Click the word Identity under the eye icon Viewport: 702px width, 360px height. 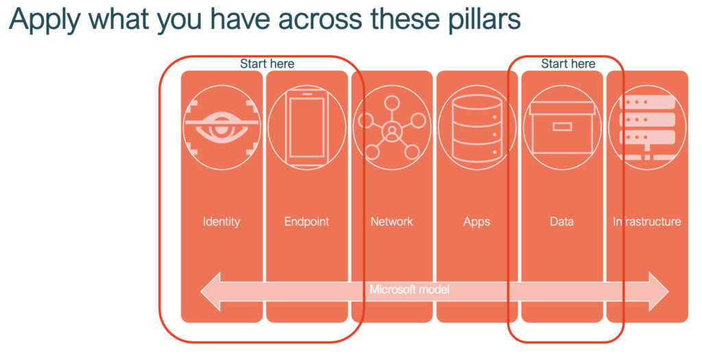tap(221, 221)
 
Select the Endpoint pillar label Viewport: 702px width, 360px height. tap(306, 221)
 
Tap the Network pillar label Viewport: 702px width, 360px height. tap(391, 221)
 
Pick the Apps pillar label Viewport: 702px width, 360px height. tap(477, 222)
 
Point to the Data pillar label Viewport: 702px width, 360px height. tap(562, 221)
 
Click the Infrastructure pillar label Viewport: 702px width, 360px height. tap(647, 221)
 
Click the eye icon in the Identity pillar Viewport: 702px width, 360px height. tap(221, 128)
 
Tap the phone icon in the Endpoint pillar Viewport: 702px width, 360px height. tap(306, 128)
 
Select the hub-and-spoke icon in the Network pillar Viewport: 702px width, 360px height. tap(391, 128)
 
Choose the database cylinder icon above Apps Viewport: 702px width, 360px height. tap(477, 128)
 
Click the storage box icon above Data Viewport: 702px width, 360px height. tap(562, 128)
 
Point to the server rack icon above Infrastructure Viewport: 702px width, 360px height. tap(647, 128)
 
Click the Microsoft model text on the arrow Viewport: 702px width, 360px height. tap(409, 289)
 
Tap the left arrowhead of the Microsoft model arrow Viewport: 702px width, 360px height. tap(210, 291)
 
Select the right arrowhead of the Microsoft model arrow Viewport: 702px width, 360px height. tap(659, 291)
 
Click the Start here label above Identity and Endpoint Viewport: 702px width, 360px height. tap(267, 64)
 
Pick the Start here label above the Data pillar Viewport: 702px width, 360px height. tap(568, 64)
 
